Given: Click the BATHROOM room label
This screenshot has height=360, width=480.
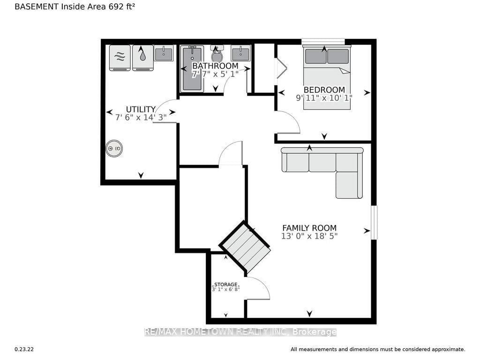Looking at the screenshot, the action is tap(215, 66).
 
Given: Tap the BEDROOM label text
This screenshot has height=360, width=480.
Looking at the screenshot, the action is tap(324, 90).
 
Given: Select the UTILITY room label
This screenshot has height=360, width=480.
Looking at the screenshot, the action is tap(141, 109).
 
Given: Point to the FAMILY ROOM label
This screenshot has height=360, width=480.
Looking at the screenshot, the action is tap(309, 228).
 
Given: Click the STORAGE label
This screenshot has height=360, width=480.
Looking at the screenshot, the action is tap(226, 285).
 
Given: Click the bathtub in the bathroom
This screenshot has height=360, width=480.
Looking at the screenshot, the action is tap(192, 68).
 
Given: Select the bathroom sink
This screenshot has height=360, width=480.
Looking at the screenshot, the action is tap(240, 53).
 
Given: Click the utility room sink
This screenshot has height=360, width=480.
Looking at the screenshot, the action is tap(164, 53).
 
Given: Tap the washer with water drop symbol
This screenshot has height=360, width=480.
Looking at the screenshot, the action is tap(142, 58).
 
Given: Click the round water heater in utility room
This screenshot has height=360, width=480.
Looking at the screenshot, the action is tap(114, 149).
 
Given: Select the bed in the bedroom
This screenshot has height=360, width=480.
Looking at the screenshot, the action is tap(327, 77).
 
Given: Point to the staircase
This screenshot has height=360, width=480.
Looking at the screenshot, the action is tap(245, 247).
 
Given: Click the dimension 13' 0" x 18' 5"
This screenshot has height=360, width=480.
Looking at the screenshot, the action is tap(309, 236).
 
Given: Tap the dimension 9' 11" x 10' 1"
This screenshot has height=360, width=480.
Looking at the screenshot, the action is tap(324, 97).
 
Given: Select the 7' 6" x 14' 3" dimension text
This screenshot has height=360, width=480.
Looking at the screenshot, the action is tap(141, 117).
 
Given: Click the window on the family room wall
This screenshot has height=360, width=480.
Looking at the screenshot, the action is tap(374, 222).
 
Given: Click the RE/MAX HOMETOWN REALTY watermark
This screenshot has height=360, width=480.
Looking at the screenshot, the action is tap(240, 332).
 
